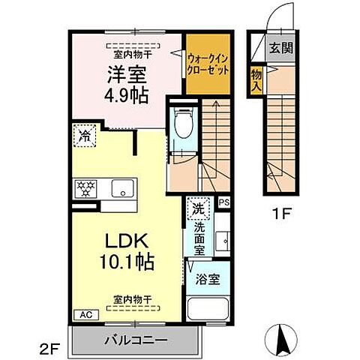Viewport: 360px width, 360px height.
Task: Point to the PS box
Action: [223, 202]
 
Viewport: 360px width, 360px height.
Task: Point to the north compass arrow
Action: [283, 341]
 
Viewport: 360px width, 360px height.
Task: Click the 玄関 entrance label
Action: [283, 49]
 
